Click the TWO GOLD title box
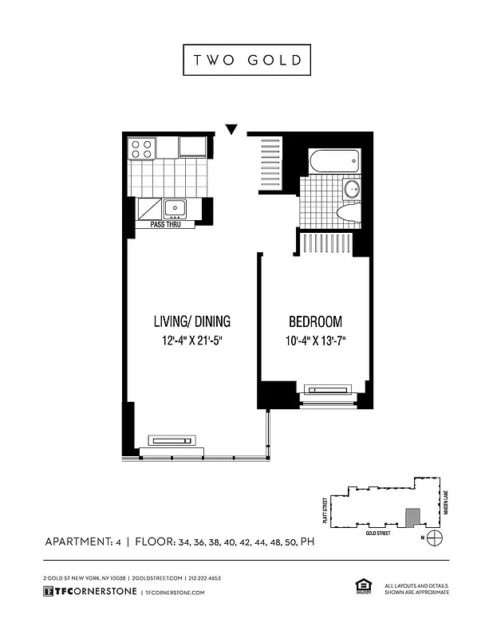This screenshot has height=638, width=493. click(246, 61)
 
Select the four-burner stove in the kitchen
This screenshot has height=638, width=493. click(142, 148)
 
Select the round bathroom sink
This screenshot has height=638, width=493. click(351, 190)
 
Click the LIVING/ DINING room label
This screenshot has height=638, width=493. click(191, 322)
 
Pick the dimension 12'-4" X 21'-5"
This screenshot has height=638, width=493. click(191, 341)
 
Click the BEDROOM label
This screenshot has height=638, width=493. click(315, 322)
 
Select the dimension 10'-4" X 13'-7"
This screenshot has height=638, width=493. click(315, 341)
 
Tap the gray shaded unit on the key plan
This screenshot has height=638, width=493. click(412, 518)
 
